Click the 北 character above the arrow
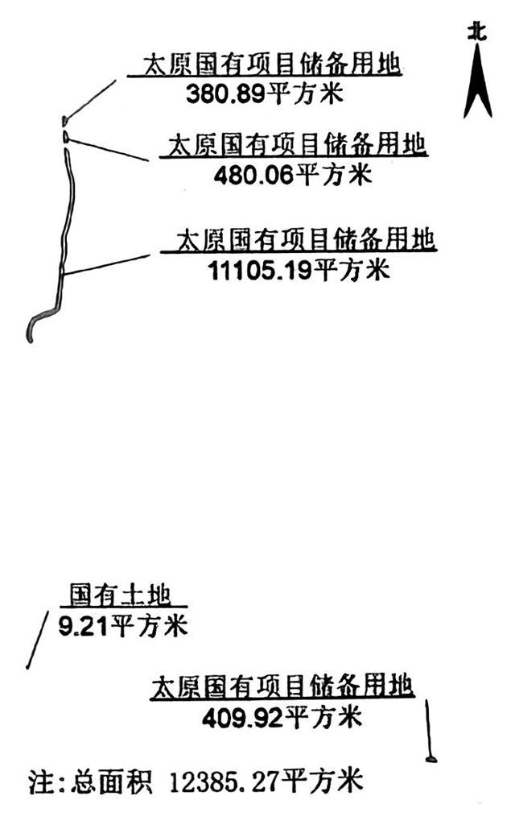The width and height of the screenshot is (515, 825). coord(478,31)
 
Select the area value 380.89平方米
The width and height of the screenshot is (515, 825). coord(264,94)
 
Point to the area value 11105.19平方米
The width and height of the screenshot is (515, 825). coord(298,269)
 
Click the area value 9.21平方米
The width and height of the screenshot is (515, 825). coord(122,625)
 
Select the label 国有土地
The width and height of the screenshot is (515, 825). coord(120,595)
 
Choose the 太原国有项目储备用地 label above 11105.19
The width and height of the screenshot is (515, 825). coord(303,239)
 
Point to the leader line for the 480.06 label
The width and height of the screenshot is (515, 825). coord(109,148)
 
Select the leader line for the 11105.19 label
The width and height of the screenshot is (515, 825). coord(105,265)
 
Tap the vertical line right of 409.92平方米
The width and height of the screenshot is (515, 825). coord(429,729)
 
